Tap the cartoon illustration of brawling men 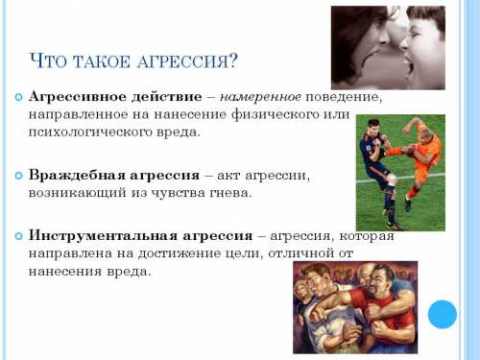[354, 306]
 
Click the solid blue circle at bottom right [442, 314]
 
